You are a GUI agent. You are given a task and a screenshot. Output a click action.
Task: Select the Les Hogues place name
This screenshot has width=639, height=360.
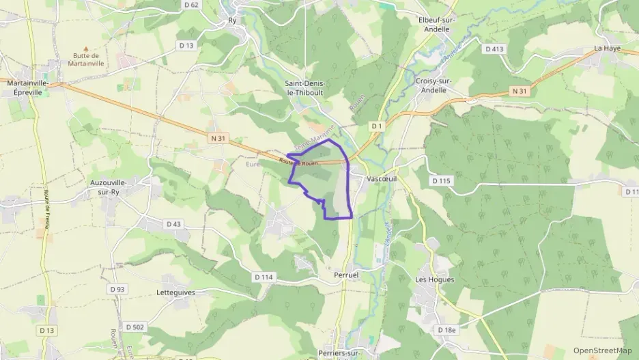click(434, 279)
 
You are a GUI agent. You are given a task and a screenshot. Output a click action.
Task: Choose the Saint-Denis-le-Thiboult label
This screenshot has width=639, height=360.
click(304, 87)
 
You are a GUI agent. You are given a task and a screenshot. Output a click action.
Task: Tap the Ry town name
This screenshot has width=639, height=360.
click(232, 20)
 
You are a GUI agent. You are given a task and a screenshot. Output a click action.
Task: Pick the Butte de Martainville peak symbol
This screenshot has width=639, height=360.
click(86, 49)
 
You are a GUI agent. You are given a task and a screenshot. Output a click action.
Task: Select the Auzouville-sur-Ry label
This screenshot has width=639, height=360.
click(109, 187)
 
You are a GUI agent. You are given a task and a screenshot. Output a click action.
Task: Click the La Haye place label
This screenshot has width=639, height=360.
click(606, 49)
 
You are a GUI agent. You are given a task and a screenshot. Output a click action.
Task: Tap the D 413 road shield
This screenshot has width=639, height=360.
click(494, 49)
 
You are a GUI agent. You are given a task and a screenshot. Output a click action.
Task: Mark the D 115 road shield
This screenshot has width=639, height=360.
click(442, 180)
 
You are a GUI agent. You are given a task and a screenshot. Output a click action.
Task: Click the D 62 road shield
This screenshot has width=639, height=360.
click(191, 5)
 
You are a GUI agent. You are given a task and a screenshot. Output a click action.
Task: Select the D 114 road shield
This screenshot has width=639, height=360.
click(264, 277)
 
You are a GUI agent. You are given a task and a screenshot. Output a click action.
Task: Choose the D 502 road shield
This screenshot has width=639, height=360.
click(135, 327)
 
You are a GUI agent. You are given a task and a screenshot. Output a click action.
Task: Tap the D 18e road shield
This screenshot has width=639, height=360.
click(446, 330)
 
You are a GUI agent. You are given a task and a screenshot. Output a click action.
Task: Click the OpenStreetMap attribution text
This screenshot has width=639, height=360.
click(602, 351)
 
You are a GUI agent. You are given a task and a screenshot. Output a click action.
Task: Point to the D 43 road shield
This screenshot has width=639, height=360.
click(173, 223)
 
